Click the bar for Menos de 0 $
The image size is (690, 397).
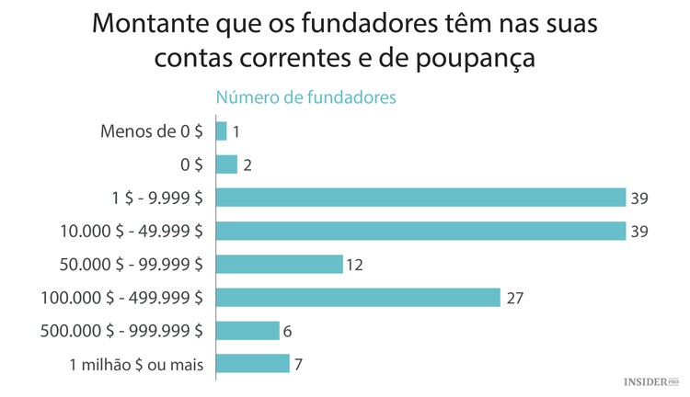point(221,131)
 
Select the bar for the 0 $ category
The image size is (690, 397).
point(226,164)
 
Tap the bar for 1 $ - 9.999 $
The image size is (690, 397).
point(420,198)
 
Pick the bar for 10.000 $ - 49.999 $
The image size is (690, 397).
point(420,231)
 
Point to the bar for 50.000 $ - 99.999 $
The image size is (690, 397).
point(279,264)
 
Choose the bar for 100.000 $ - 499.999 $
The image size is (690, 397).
point(358,297)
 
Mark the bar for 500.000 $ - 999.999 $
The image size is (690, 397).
point(247,330)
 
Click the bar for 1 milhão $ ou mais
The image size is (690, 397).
point(253,363)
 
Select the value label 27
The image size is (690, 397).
point(514,298)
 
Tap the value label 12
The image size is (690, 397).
point(356,265)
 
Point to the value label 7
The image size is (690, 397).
point(298,364)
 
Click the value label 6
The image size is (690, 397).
point(287,331)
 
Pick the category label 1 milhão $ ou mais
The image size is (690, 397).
point(136,364)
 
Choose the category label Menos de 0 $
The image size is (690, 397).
point(151,131)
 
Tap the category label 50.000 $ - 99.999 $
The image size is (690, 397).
point(123,265)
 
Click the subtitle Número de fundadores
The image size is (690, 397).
point(305,96)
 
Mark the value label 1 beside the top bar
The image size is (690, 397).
point(236,132)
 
